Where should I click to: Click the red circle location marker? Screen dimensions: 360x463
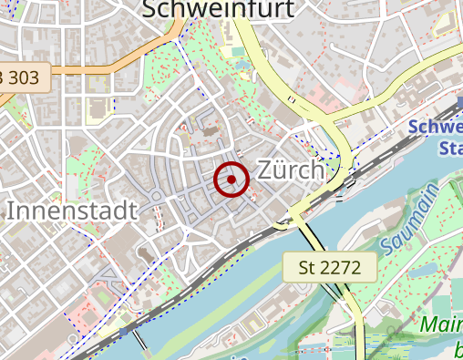pyautogui.click(x=231, y=180)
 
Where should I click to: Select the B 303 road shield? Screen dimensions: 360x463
pyautogui.click(x=22, y=77)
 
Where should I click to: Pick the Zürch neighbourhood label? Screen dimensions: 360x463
pyautogui.click(x=291, y=170)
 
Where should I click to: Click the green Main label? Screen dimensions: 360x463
pyautogui.click(x=441, y=325)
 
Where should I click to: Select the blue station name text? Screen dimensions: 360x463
pyautogui.click(x=437, y=138)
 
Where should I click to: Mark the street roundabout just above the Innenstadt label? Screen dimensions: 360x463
pyautogui.click(x=156, y=196)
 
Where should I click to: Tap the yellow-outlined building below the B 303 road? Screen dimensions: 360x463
pyautogui.click(x=97, y=108)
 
